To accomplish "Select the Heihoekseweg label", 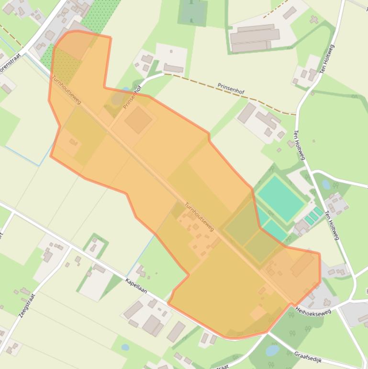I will click(313, 311).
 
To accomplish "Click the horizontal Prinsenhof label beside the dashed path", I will click(232, 88).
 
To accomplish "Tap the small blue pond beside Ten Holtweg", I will click(326, 184).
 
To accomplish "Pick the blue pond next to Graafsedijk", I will click(272, 351).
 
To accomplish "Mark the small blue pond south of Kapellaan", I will click(125, 347).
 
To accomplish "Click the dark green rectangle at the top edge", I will click(193, 12).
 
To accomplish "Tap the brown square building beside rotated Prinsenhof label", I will click(138, 120).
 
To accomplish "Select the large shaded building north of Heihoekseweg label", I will click(302, 265).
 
